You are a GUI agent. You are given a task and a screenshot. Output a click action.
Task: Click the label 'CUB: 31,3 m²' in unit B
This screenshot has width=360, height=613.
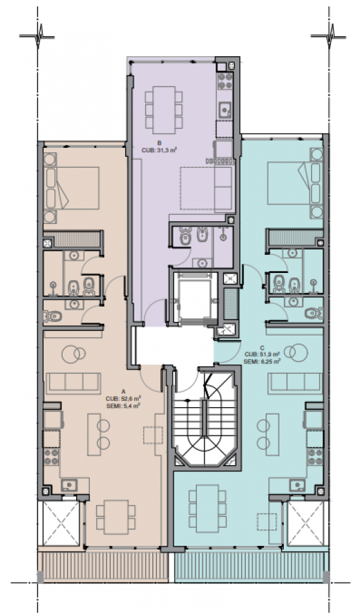point(155,149)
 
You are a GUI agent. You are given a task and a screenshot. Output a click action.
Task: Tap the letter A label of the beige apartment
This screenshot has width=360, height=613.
point(123,391)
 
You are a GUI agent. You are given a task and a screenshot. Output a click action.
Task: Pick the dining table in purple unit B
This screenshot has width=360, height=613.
point(164,110)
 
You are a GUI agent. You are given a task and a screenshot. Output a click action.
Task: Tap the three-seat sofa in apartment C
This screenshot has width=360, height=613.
point(295,383)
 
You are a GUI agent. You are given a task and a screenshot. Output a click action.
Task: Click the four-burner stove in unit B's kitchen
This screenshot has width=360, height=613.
point(225,81)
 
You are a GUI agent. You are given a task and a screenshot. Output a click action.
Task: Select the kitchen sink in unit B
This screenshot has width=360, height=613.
point(225,109)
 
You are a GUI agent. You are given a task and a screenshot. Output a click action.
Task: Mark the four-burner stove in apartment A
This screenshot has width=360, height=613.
point(52,457)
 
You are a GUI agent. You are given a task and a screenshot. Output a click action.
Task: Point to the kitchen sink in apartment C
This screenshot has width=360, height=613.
point(297,485)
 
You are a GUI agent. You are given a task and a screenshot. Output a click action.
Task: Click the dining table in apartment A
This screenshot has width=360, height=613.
point(116,517)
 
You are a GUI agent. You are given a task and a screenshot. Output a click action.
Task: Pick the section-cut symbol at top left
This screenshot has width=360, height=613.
point(37,36)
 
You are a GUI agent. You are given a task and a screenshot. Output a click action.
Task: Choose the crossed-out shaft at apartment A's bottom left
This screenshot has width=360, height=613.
point(61,523)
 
